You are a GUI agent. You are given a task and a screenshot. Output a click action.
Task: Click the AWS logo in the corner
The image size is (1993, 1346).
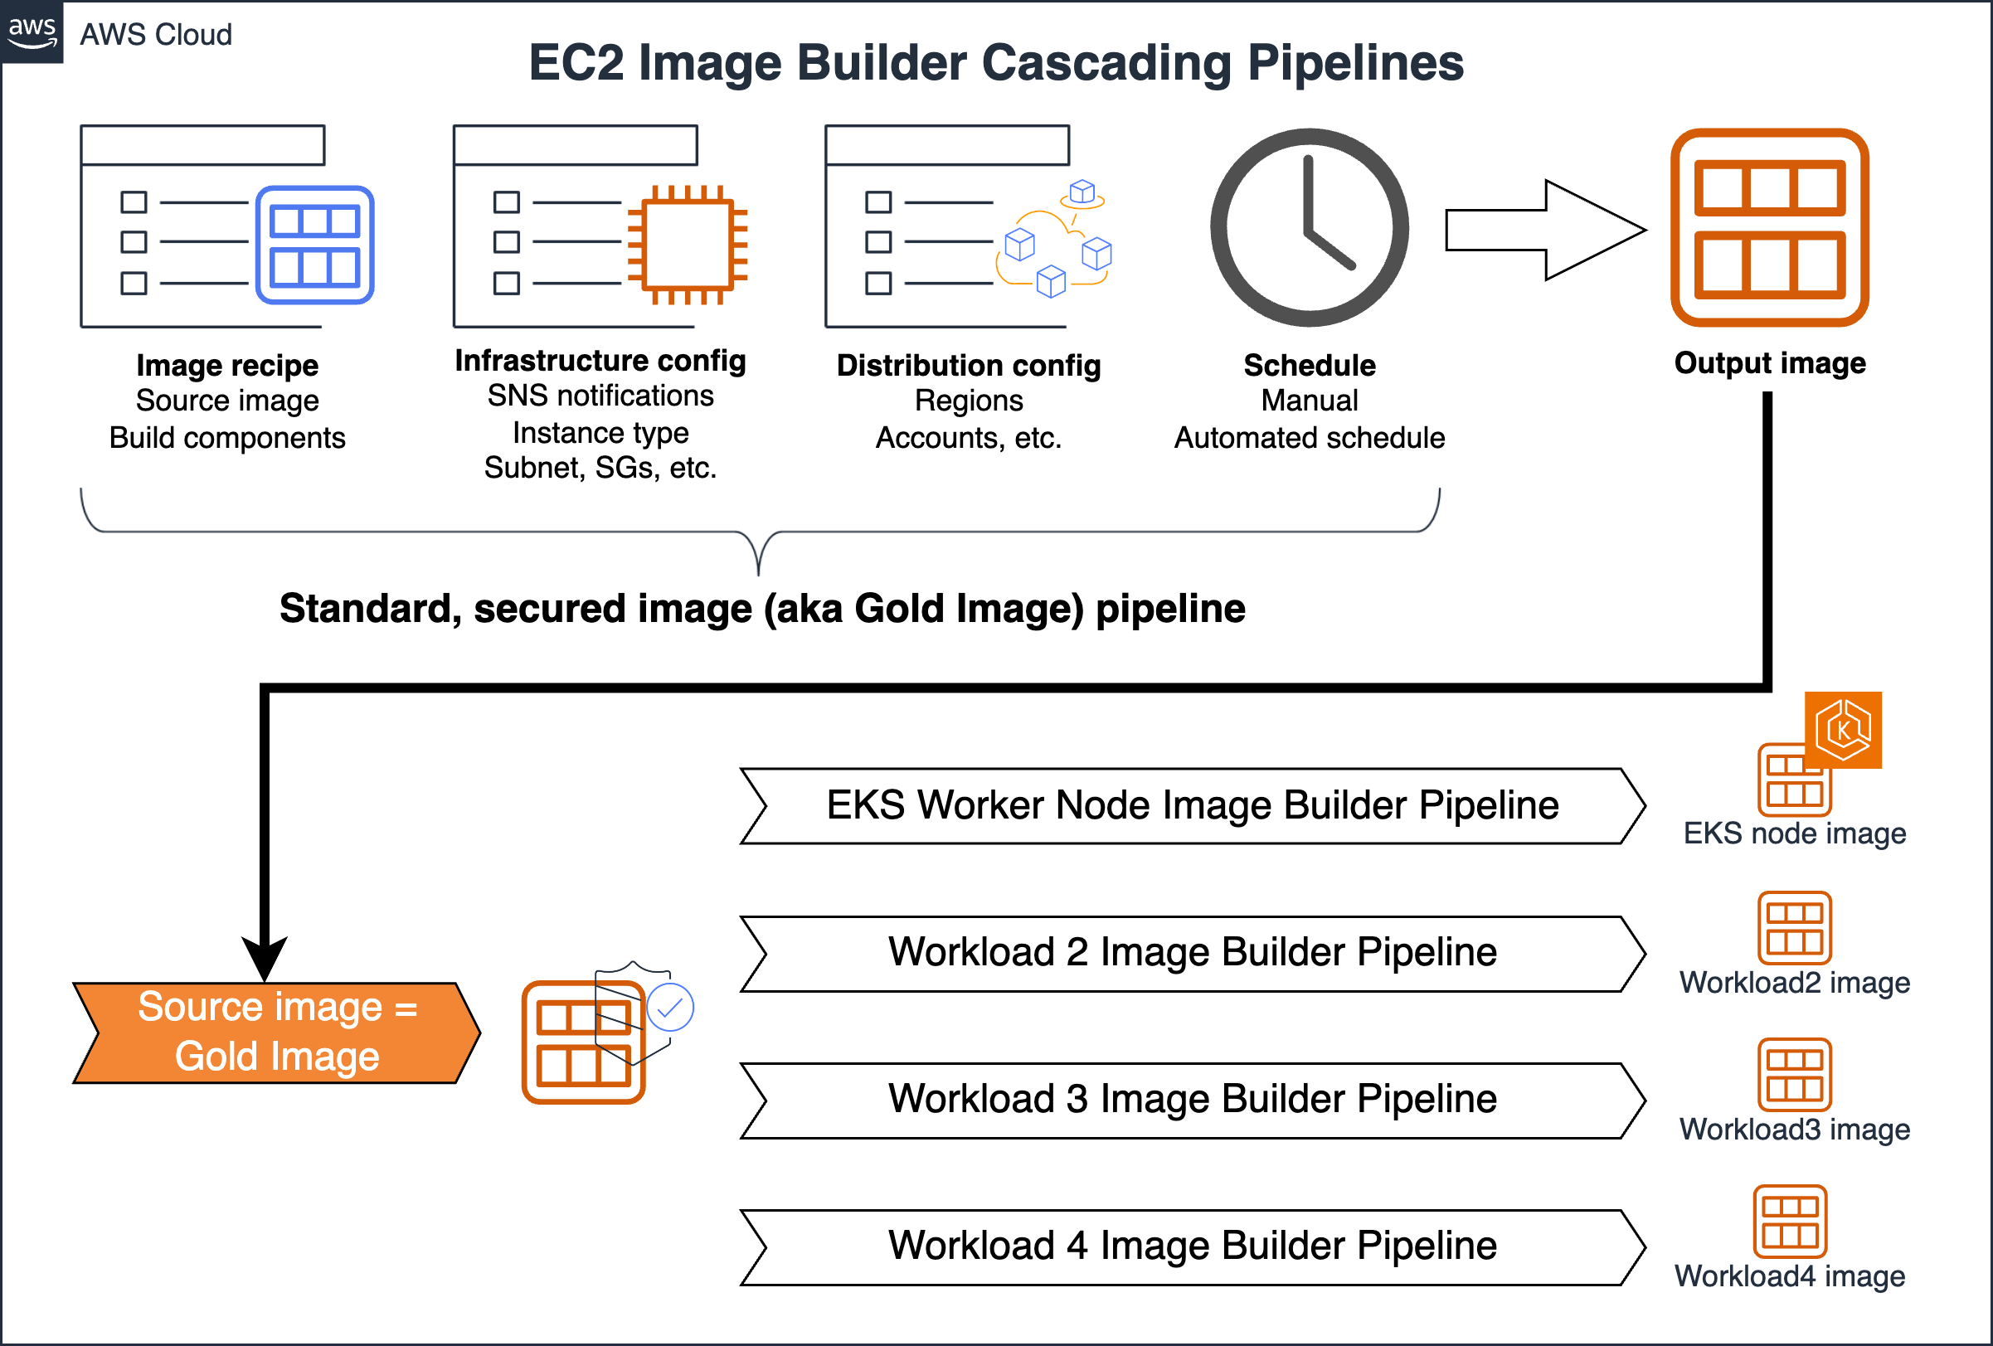click(32, 32)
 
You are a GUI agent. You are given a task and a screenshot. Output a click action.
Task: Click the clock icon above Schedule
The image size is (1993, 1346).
click(1309, 227)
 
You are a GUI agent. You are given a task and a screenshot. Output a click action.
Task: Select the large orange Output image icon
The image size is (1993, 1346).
click(1769, 227)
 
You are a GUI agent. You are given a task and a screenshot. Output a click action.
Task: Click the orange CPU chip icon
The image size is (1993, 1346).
click(688, 245)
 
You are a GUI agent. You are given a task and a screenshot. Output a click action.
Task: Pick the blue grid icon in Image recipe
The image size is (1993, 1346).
click(314, 245)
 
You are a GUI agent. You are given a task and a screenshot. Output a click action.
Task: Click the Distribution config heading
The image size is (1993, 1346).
click(968, 365)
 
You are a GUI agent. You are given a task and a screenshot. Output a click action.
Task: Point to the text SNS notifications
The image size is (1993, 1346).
click(600, 396)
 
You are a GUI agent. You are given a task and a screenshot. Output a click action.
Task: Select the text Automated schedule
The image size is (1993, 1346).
click(1309, 438)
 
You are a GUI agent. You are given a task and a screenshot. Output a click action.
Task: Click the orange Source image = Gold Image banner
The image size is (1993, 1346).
click(276, 1033)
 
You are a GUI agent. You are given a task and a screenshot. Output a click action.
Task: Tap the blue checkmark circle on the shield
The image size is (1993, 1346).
click(670, 1008)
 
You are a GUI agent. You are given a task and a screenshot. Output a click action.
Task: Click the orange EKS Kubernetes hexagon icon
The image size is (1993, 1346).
click(1843, 730)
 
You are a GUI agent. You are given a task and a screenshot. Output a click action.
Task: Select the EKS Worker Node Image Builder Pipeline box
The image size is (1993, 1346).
click(1192, 806)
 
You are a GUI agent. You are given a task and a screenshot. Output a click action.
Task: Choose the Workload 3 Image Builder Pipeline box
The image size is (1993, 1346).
click(1192, 1100)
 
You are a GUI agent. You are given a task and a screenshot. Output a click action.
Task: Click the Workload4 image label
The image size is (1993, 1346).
click(1789, 1276)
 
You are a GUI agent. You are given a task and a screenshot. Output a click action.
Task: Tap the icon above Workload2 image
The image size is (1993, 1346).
click(1794, 929)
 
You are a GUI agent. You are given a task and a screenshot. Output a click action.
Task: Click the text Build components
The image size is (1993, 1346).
click(227, 438)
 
